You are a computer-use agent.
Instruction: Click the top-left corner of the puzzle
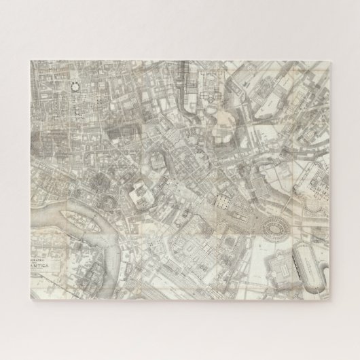tap(29, 58)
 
